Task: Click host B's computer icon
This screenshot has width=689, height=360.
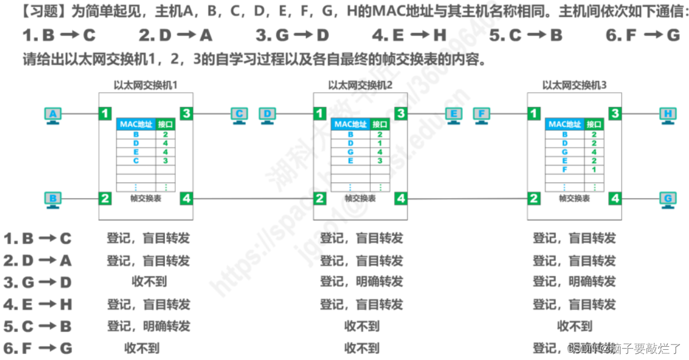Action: pyautogui.click(x=53, y=199)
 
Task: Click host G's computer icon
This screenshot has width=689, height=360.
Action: pyautogui.click(x=667, y=199)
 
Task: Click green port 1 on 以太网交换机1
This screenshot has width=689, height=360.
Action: pyautogui.click(x=106, y=113)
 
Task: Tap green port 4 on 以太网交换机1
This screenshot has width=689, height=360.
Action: pyautogui.click(x=186, y=198)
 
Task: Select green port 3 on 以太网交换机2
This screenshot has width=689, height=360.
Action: pyautogui.click(x=401, y=113)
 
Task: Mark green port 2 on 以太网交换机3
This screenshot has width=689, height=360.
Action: pyautogui.click(x=534, y=198)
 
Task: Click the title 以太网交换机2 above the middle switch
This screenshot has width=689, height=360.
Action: pyautogui.click(x=360, y=85)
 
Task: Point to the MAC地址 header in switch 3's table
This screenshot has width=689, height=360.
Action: pyautogui.click(x=565, y=125)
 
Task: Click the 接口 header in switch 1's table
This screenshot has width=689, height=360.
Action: pyautogui.click(x=166, y=125)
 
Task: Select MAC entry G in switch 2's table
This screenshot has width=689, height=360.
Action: pyautogui.click(x=351, y=152)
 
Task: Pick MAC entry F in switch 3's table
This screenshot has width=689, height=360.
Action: pyautogui.click(x=565, y=170)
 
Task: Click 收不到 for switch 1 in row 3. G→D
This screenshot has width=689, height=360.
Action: pyautogui.click(x=149, y=281)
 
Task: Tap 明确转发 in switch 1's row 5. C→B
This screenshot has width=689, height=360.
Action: pyautogui.click(x=167, y=326)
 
